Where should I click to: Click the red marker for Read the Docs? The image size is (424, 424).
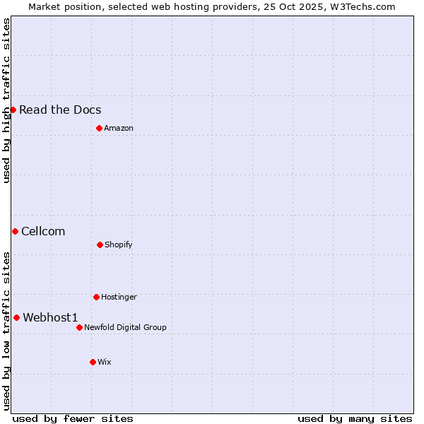pos(13,110)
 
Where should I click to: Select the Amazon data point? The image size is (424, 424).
pos(99,128)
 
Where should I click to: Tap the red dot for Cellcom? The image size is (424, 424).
pos(15,231)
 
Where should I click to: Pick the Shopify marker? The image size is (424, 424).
pos(100,245)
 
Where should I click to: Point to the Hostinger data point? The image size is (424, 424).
pos(96,297)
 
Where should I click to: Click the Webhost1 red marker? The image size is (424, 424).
pos(16,317)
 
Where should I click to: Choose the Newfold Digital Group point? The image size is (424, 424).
pos(79,327)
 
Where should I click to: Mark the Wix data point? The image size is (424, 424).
pos(93,362)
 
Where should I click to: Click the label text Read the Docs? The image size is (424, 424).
pos(60,110)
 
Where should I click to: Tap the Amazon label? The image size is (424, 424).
pos(119,128)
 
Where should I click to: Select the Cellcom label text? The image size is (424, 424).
pos(43,231)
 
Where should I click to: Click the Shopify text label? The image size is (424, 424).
pos(119,245)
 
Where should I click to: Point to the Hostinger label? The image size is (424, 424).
pos(119,297)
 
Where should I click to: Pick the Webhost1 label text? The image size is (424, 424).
pos(50,317)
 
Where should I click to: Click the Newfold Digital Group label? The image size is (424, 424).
pos(125,327)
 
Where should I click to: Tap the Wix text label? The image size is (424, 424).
pos(105,362)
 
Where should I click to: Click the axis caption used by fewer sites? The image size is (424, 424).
pos(73,418)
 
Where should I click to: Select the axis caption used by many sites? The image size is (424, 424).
pos(355,418)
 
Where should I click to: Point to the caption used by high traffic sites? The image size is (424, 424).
pos(6,100)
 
